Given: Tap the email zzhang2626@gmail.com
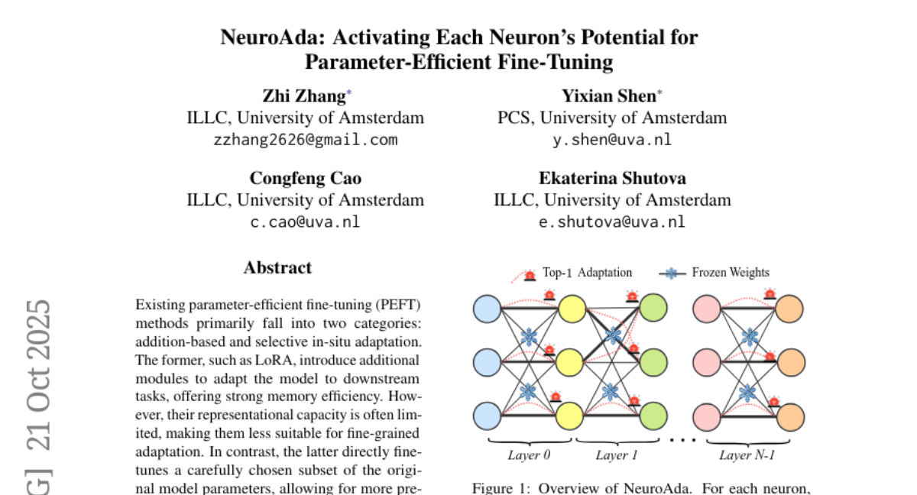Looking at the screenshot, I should [304, 140].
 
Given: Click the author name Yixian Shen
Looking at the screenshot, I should [609, 95].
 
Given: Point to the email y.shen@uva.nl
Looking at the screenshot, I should [612, 140].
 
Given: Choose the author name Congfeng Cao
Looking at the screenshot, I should [306, 178].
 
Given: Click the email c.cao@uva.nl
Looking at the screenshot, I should [306, 222].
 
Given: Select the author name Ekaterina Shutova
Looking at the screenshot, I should [612, 178].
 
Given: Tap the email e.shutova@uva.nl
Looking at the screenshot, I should [612, 222].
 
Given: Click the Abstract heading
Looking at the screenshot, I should [277, 267].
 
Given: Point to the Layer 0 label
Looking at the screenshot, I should [529, 456].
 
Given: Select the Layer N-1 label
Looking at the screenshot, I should [746, 456].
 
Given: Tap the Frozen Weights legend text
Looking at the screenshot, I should [731, 272].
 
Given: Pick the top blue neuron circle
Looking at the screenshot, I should [487, 309].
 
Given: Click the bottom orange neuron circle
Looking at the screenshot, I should [790, 417].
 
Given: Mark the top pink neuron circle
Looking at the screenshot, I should [706, 309].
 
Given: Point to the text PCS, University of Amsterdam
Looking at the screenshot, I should [612, 118].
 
